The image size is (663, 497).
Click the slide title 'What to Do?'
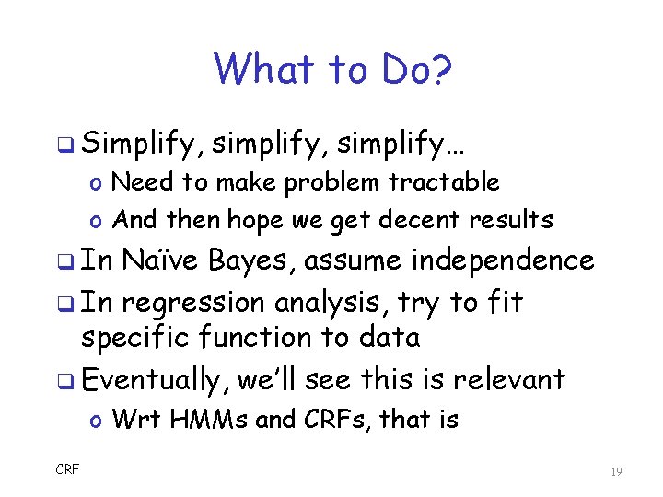point(331,69)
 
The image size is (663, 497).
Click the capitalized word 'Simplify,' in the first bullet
point(142,144)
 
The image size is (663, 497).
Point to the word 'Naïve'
point(160,261)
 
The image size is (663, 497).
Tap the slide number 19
point(616,471)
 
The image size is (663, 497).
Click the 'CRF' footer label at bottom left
point(67,469)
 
